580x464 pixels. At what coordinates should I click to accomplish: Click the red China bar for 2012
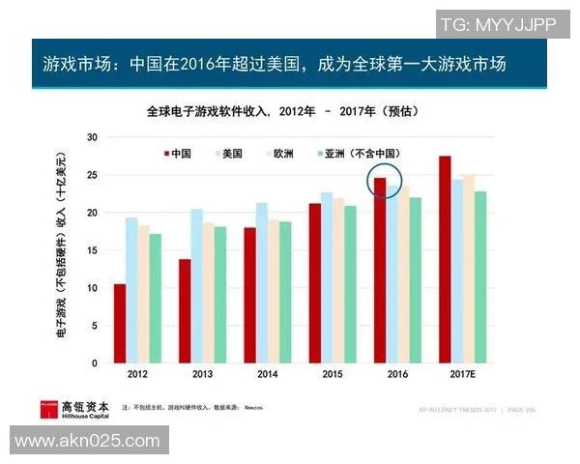tap(120, 324)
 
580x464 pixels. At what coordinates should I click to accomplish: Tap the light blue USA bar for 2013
tap(196, 286)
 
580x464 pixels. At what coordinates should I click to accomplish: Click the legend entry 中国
tap(176, 153)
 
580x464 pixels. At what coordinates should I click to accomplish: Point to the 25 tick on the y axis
tap(93, 175)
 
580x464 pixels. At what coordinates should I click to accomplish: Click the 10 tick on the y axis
tap(93, 288)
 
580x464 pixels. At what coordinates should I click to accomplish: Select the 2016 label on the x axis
tap(397, 373)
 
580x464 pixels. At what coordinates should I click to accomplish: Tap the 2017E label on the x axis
tap(463, 373)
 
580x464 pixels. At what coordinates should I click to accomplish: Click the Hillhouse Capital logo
tap(74, 409)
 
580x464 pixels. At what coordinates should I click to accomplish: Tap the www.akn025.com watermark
tap(87, 441)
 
